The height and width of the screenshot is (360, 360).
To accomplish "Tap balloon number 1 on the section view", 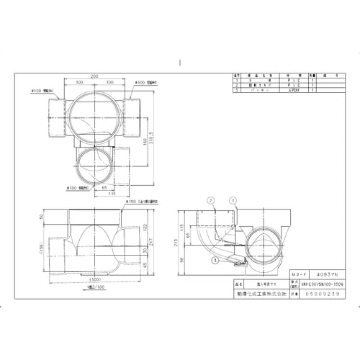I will (232, 199).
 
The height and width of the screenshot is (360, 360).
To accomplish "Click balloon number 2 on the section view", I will (211, 199).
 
